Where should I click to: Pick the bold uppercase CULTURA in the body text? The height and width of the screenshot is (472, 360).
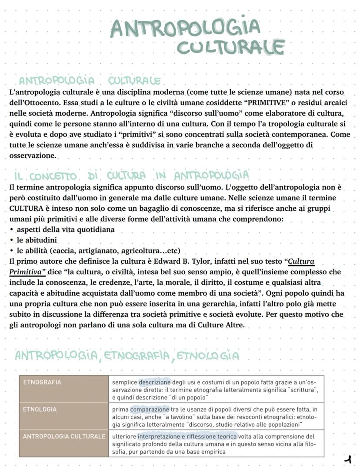pos(26,208)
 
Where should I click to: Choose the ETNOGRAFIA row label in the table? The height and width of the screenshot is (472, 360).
pos(42,382)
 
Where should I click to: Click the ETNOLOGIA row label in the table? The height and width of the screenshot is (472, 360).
pos(40,409)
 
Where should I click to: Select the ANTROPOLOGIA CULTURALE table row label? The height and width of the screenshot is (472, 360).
pos(63,436)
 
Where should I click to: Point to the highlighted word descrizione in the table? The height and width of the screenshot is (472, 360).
pos(155,382)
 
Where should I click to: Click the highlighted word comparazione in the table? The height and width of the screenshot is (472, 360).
pos(150,409)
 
